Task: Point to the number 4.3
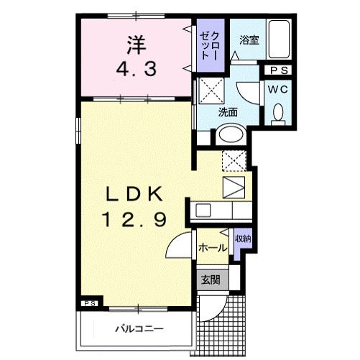(x=136, y=71)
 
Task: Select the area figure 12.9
(x=136, y=216)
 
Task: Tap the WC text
(x=280, y=90)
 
